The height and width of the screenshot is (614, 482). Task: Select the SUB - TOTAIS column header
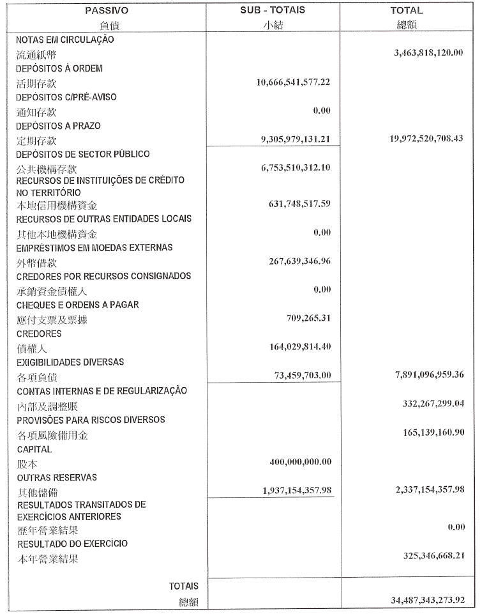[x=273, y=11]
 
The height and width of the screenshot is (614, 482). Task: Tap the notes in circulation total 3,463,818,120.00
[x=429, y=52]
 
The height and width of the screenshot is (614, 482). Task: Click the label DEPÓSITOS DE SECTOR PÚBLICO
[x=83, y=155]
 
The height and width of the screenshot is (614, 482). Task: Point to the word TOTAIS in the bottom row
[x=184, y=586]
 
